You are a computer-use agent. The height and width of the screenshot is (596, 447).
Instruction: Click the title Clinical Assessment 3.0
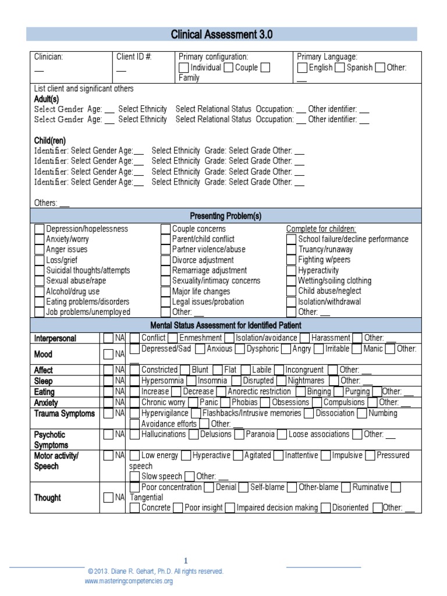[x=221, y=35]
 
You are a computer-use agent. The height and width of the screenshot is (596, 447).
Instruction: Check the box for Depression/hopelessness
[x=40, y=229]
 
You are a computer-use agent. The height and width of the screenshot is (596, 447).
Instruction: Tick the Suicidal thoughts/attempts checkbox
[x=40, y=271]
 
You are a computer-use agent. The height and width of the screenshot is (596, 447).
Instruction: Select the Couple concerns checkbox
[x=166, y=229]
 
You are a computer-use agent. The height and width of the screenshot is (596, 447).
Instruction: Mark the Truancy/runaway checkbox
[x=292, y=250]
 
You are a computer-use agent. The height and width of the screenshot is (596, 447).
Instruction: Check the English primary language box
[x=302, y=68]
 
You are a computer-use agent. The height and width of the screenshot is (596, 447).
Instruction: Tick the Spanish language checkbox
[x=340, y=68]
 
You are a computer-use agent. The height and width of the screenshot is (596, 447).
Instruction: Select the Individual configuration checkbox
[x=184, y=68]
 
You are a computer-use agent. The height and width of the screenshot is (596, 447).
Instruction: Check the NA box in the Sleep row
[x=108, y=381]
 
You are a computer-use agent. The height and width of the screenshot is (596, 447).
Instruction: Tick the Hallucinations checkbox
[x=134, y=434]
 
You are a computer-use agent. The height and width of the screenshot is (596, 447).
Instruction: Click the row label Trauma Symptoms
[x=64, y=413]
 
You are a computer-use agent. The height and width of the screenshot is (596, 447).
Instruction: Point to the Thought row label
[x=47, y=498]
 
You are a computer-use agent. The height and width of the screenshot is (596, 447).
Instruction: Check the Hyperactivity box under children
[x=292, y=271]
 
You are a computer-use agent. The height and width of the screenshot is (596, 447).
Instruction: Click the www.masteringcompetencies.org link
[x=129, y=581]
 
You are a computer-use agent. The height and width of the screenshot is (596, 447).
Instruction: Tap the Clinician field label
[x=49, y=56]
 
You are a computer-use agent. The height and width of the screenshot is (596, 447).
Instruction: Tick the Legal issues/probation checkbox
[x=166, y=302]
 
